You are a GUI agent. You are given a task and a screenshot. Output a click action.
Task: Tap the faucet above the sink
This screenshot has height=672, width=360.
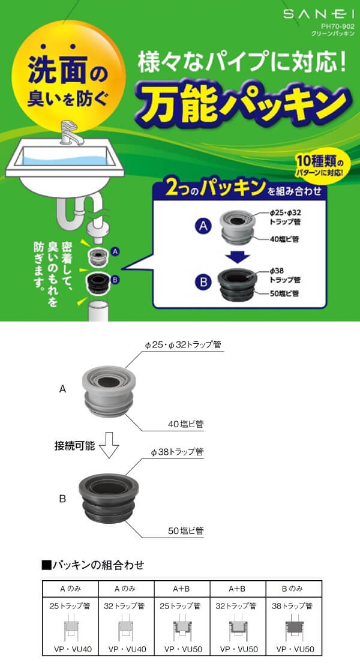tap(69, 133)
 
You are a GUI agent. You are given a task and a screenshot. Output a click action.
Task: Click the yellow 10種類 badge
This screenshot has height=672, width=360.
tap(323, 166)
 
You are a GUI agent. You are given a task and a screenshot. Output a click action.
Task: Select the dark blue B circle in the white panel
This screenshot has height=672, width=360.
tap(202, 283)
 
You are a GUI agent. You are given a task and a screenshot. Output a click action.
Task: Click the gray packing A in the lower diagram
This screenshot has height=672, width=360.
tap(110, 391)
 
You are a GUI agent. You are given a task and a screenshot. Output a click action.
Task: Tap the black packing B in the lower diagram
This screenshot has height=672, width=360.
tap(109, 499)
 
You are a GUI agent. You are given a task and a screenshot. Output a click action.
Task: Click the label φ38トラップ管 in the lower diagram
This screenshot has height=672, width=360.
tap(177, 452)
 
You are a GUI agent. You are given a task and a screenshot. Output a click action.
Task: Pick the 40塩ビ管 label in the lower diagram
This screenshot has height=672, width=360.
tap(185, 425)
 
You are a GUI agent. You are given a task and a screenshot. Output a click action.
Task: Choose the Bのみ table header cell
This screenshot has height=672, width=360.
tap(293, 589)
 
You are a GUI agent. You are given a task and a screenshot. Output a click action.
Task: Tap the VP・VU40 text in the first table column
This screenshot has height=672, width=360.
tap(70, 650)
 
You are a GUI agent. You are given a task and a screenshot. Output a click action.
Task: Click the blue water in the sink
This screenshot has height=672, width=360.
tap(64, 160)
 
